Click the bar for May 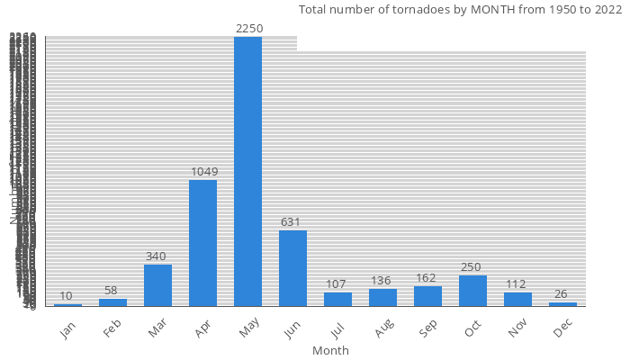click(x=247, y=171)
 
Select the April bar click(x=202, y=243)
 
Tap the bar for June click(x=292, y=268)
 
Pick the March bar click(x=157, y=285)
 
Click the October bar click(x=472, y=291)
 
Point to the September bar click(x=427, y=296)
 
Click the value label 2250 click(x=248, y=29)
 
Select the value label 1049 click(x=203, y=172)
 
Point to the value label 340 click(x=156, y=256)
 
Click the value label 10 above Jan click(x=67, y=296)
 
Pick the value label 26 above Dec click(x=562, y=294)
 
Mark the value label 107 click(x=337, y=284)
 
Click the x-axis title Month click(x=330, y=350)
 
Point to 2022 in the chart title click(x=606, y=10)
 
